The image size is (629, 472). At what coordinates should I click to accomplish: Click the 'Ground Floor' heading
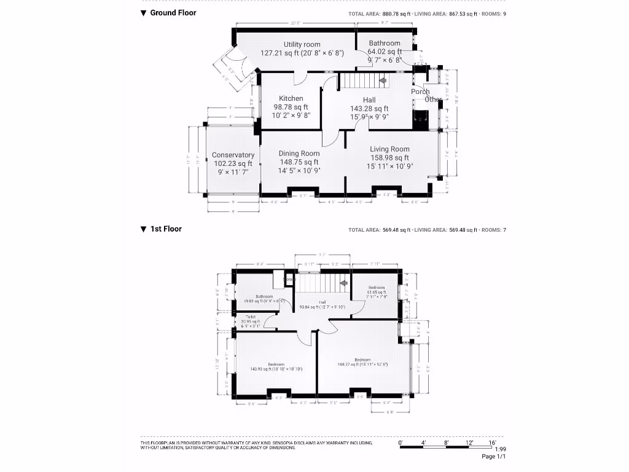click(173, 13)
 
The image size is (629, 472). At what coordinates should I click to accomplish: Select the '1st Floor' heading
click(166, 229)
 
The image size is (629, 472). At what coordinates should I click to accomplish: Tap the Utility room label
click(302, 44)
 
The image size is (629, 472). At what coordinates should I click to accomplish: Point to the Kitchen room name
click(291, 98)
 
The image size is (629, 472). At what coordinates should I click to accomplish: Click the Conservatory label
click(233, 155)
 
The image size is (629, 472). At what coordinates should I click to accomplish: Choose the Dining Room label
click(299, 154)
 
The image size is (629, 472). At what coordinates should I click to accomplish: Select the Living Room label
click(389, 149)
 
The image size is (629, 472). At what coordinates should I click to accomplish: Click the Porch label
click(420, 92)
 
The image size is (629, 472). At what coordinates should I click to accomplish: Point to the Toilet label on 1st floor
click(251, 317)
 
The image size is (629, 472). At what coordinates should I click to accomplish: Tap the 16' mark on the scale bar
click(492, 442)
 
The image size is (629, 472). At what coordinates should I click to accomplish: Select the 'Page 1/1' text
click(493, 457)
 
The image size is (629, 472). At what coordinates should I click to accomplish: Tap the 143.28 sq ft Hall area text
click(369, 109)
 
